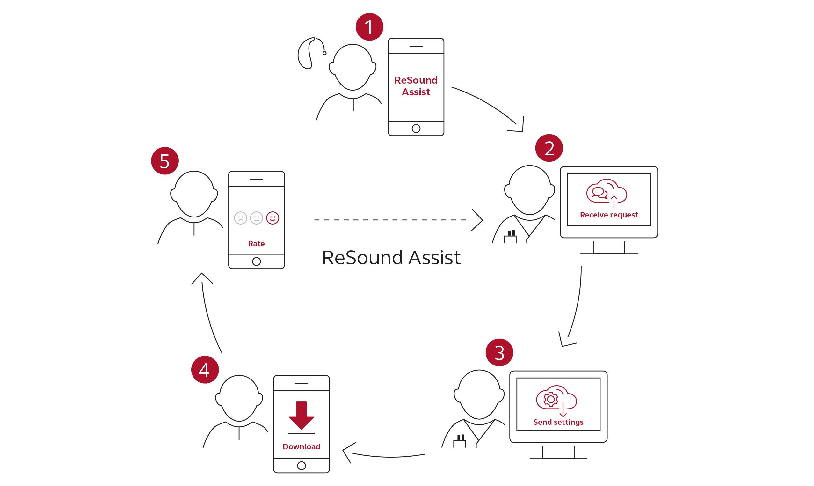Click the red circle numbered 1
tap(369, 27)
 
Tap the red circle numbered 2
tap(549, 148)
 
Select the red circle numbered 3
tap(499, 352)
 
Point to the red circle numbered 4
tap(205, 370)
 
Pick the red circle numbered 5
tap(165, 161)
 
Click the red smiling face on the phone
tap(272, 218)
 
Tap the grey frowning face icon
tap(241, 218)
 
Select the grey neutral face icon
tap(256, 218)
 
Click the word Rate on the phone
tap(256, 244)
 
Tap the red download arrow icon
tap(302, 415)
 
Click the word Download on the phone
tap(302, 447)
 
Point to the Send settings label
tap(558, 422)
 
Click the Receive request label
tap(609, 215)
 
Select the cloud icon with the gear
tap(556, 399)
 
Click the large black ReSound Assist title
tap(391, 257)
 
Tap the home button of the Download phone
tap(302, 465)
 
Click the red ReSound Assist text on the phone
tap(416, 86)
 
